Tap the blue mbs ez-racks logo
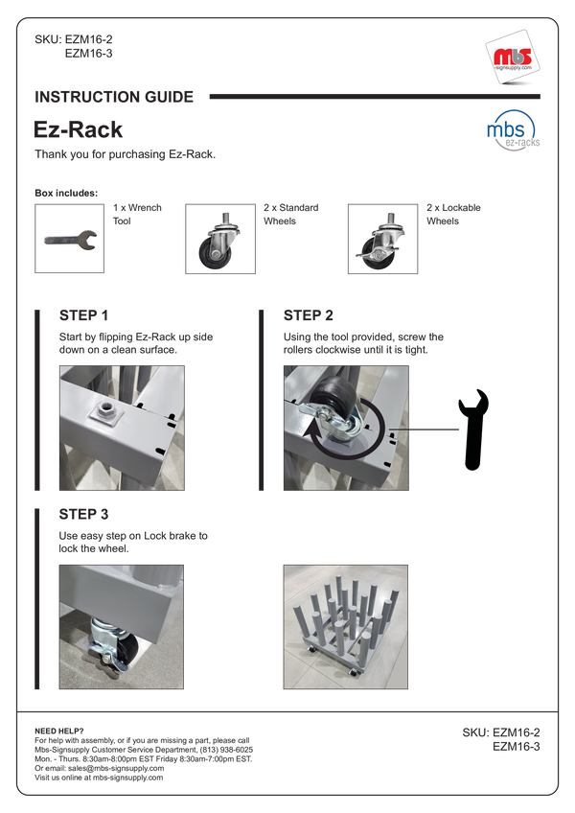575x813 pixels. [x=513, y=130]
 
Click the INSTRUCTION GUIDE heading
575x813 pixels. [x=114, y=97]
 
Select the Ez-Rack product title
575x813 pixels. [x=79, y=129]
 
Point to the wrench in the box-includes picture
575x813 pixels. [x=70, y=239]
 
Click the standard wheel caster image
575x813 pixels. [x=219, y=240]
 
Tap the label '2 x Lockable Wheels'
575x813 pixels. [x=453, y=214]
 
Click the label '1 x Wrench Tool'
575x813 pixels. [x=137, y=214]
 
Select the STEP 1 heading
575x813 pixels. [x=83, y=315]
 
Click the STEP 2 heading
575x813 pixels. [x=308, y=315]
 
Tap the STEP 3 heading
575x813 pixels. [x=83, y=514]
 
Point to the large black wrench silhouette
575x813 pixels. [x=473, y=430]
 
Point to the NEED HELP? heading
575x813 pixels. [x=59, y=732]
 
